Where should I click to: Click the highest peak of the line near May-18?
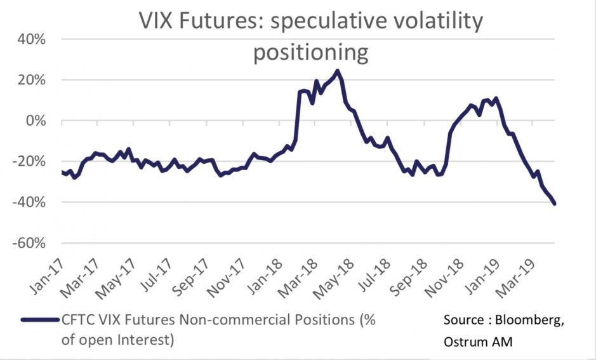(x=337, y=70)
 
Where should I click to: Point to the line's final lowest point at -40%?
(x=555, y=204)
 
